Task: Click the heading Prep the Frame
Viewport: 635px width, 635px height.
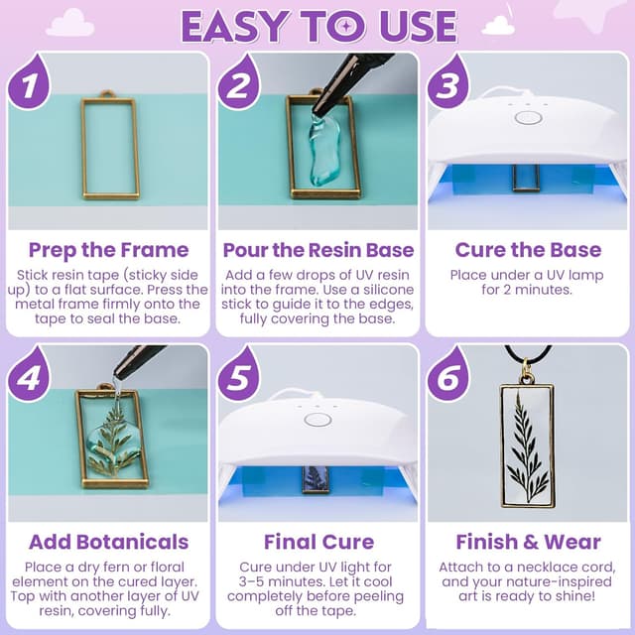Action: (108, 249)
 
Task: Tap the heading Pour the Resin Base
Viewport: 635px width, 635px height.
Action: (317, 249)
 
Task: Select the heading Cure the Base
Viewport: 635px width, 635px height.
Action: (527, 249)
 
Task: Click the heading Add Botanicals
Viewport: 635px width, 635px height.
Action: (108, 542)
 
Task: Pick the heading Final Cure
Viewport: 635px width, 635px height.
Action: (317, 542)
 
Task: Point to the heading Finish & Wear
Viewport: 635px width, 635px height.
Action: (527, 542)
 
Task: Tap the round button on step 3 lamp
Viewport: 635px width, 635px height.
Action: (528, 117)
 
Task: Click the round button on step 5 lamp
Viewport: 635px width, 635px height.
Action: (317, 419)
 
